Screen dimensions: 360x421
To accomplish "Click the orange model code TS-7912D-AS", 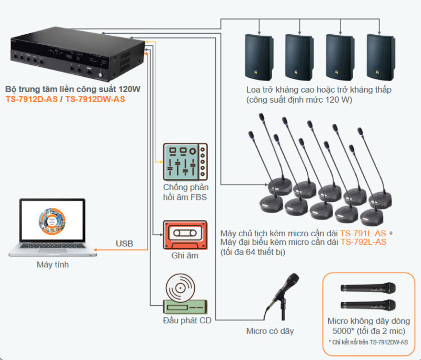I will (31, 99).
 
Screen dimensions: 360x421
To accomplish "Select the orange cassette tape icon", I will (185, 235).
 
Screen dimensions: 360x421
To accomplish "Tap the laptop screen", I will (52, 222).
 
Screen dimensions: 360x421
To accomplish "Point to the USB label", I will (124, 244).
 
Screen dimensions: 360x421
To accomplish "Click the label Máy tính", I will (52, 265).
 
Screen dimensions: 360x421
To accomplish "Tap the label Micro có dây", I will (270, 331).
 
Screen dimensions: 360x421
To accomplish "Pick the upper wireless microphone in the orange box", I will (368, 288).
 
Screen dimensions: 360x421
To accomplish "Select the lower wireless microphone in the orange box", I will (368, 305).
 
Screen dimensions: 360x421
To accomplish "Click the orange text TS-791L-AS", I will (364, 233).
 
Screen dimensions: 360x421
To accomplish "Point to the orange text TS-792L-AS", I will (363, 242).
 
